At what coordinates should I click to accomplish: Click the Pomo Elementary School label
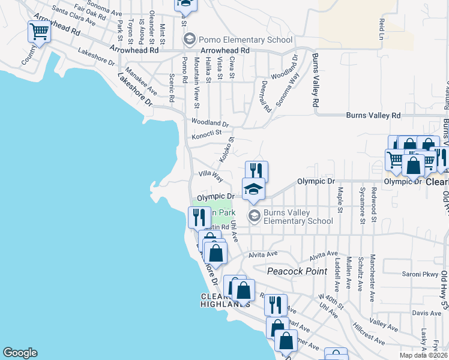coord(238,40)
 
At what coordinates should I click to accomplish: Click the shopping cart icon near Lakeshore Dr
coord(39,32)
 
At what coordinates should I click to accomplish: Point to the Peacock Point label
coord(298,271)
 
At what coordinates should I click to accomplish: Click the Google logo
coord(20,353)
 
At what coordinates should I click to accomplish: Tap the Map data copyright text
coord(423,355)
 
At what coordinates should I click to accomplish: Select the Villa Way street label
coord(211,177)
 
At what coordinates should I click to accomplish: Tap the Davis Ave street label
coord(427,313)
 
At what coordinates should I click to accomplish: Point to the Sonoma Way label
coord(287,89)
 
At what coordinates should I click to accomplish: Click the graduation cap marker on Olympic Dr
coord(253,190)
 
